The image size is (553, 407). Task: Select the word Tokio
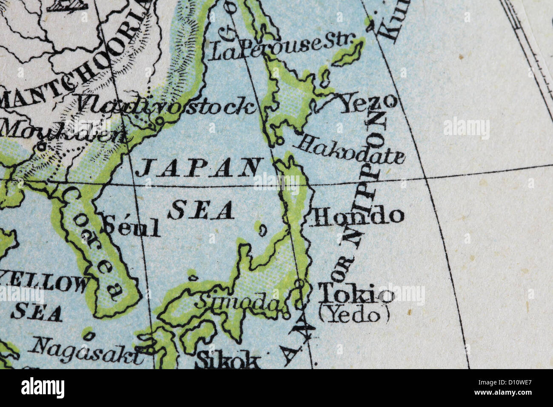pyautogui.click(x=355, y=293)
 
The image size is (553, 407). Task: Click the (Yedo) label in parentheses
pyautogui.click(x=354, y=315)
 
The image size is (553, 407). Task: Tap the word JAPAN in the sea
pyautogui.click(x=198, y=167)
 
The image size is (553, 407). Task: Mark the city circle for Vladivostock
pyautogui.click(x=160, y=121)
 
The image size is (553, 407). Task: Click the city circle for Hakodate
pyautogui.click(x=280, y=139)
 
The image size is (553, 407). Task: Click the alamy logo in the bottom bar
pyautogui.click(x=43, y=388)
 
